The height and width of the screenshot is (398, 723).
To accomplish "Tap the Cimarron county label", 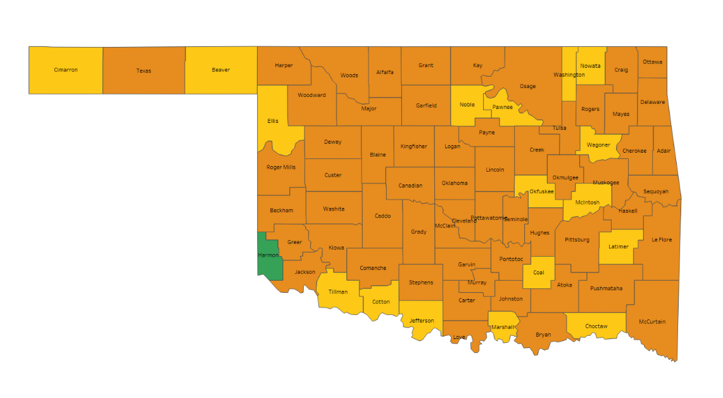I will [x=66, y=70].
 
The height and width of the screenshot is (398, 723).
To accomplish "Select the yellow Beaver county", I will [x=221, y=70].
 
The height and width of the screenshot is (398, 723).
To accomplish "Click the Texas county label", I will [x=144, y=71].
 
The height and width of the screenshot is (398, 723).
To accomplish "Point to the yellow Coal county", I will [x=539, y=273].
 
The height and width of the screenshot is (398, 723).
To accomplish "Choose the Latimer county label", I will [x=619, y=247].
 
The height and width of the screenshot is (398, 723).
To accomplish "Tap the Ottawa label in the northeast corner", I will [x=652, y=62].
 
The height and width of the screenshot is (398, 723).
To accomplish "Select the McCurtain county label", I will [x=652, y=322].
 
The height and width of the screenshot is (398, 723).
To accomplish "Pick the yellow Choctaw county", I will [x=596, y=326].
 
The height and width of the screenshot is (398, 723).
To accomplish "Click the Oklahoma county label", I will [x=455, y=183].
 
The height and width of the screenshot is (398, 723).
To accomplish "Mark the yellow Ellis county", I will [x=273, y=120].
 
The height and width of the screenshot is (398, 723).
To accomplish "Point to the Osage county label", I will [x=527, y=86].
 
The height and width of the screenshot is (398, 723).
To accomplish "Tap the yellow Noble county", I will [x=467, y=105].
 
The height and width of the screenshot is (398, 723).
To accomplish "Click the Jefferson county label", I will [x=422, y=321].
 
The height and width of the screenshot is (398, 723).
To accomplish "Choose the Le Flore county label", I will [x=662, y=240].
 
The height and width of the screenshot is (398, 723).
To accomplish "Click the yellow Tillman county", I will [x=338, y=292].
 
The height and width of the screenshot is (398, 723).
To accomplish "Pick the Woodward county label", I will [x=312, y=95].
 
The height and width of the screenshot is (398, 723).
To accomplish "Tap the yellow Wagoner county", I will [x=598, y=145].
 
